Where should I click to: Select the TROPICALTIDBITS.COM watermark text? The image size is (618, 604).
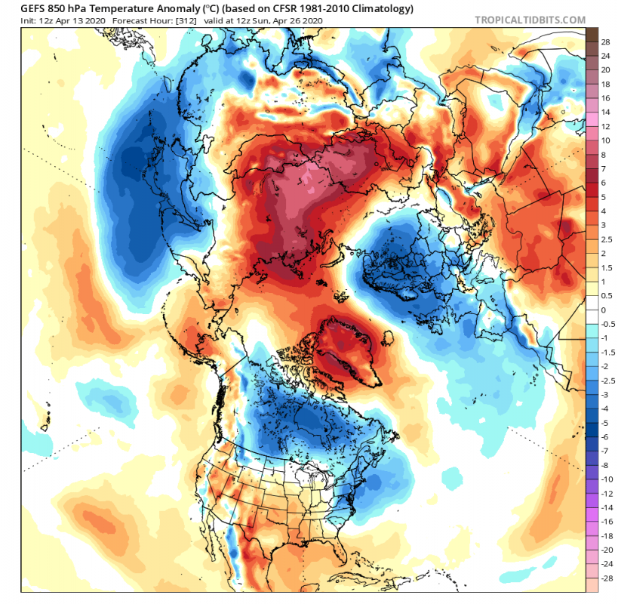[530, 20]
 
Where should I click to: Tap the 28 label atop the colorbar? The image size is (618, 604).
[605, 43]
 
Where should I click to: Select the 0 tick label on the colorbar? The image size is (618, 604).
[603, 310]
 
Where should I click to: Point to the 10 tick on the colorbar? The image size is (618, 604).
[605, 141]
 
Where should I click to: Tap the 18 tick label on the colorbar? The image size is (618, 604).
[605, 85]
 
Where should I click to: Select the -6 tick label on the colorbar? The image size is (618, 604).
[605, 436]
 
